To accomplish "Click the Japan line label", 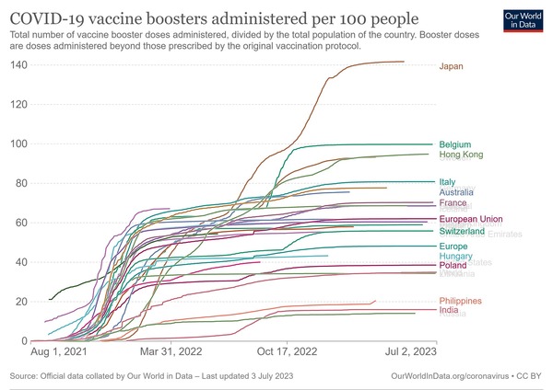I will tap(451, 66).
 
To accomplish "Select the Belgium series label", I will tap(455, 145).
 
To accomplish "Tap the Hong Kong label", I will tap(462, 155).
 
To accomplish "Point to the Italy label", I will tap(447, 182).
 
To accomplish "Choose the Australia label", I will tap(458, 192).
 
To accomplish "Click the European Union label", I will tap(471, 219).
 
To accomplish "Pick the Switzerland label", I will tap(462, 232).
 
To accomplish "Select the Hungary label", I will tap(455, 256).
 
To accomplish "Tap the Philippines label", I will tap(460, 302).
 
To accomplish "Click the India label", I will tap(449, 311).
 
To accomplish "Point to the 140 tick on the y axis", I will tap(18, 64).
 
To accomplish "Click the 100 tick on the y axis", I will tap(18, 144).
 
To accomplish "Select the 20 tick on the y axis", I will tap(21, 302).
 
